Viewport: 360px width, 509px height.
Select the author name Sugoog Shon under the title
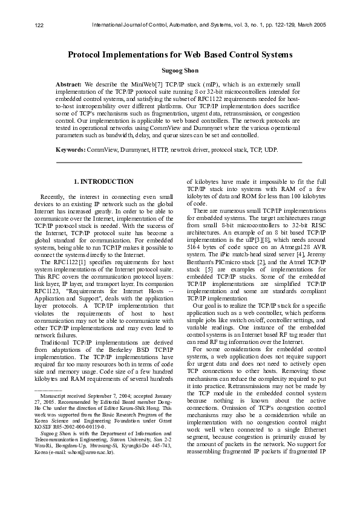coord(180,71)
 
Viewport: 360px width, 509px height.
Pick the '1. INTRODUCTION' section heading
coord(103,181)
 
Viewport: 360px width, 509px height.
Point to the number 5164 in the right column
coord(195,247)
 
